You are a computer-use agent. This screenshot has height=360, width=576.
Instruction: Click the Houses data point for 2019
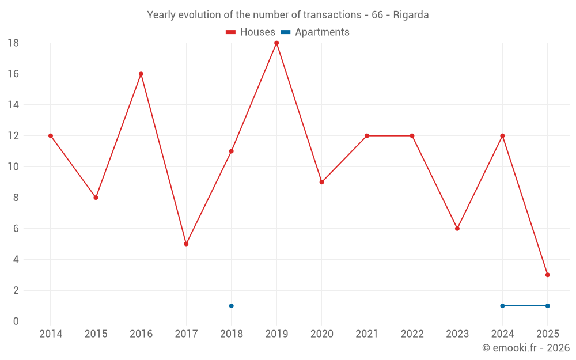pyautogui.click(x=276, y=43)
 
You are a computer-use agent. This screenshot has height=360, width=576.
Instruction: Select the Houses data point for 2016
pyautogui.click(x=141, y=74)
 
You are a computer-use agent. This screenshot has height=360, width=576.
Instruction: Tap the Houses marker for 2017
pyautogui.click(x=186, y=244)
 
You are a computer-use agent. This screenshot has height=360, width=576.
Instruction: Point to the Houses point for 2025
pyautogui.click(x=548, y=275)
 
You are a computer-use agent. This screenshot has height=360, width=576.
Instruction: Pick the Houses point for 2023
pyautogui.click(x=457, y=229)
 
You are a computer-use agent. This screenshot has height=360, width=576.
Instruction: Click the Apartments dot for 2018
pyautogui.click(x=231, y=306)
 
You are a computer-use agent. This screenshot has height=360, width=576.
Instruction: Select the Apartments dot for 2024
pyautogui.click(x=502, y=306)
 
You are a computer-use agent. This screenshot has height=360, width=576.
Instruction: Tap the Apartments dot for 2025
pyautogui.click(x=548, y=306)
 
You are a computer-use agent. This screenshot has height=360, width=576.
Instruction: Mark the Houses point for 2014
pyautogui.click(x=50, y=136)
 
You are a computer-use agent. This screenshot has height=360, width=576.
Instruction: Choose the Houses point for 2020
pyautogui.click(x=321, y=182)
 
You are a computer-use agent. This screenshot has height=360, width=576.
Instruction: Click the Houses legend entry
pyautogui.click(x=251, y=32)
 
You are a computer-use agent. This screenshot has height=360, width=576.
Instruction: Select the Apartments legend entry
pyautogui.click(x=315, y=32)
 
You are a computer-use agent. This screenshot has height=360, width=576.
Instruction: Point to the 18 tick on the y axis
pyautogui.click(x=13, y=43)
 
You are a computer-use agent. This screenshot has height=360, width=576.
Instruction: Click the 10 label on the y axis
pyautogui.click(x=13, y=167)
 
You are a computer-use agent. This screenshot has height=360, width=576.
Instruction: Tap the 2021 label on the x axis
pyautogui.click(x=367, y=334)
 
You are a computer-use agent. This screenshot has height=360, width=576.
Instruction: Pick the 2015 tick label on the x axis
pyautogui.click(x=96, y=334)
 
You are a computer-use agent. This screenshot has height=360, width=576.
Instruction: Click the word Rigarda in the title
pyautogui.click(x=411, y=15)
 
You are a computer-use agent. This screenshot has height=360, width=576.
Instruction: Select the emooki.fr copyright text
pyautogui.click(x=526, y=348)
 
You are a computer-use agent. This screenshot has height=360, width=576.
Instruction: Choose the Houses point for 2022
pyautogui.click(x=412, y=136)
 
